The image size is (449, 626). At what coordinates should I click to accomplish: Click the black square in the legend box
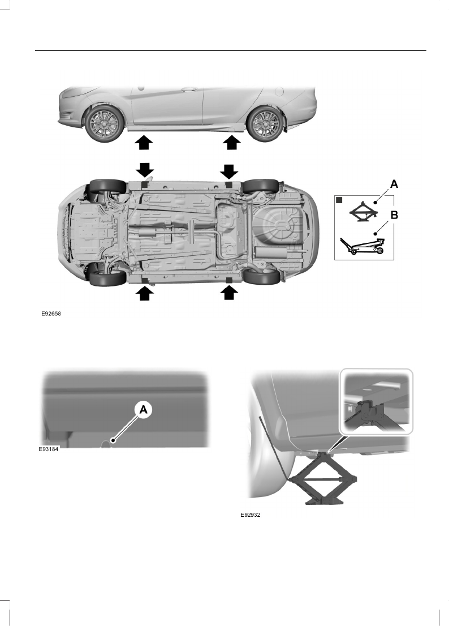pyautogui.click(x=340, y=200)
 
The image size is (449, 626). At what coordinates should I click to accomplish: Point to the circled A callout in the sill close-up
pyautogui.click(x=143, y=410)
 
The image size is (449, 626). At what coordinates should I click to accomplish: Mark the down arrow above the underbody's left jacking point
pyautogui.click(x=144, y=170)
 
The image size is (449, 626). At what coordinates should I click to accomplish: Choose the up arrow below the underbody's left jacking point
pyautogui.click(x=144, y=293)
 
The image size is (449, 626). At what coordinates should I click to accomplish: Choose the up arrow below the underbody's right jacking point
pyautogui.click(x=229, y=293)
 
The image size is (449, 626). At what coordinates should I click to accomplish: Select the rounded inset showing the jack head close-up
pyautogui.click(x=376, y=401)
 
